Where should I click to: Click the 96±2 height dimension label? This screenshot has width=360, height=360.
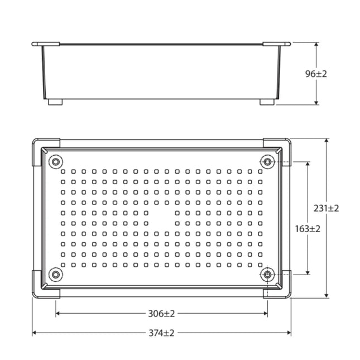[317, 74]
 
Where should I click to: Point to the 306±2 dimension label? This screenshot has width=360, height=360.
[161, 314]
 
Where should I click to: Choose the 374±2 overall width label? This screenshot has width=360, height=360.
[161, 333]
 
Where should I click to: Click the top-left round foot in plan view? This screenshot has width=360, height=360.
[55, 162]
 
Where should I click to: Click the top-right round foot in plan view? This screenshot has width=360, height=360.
[268, 162]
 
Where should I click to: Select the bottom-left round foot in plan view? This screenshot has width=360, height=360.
[55, 274]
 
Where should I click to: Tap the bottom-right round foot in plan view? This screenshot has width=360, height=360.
[268, 274]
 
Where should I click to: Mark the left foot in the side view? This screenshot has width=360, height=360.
[55, 102]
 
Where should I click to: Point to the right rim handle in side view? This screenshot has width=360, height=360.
[276, 43]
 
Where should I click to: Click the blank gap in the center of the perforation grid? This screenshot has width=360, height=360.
[161, 218]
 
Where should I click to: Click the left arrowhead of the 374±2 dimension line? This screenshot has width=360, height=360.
[35, 333]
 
